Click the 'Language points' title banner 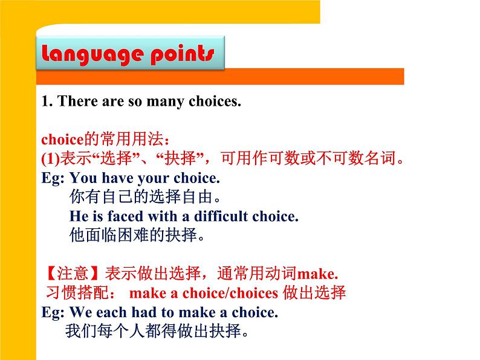click(129, 54)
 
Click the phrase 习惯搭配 click(78, 293)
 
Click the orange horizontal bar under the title click(220, 77)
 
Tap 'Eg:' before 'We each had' click(53, 312)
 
